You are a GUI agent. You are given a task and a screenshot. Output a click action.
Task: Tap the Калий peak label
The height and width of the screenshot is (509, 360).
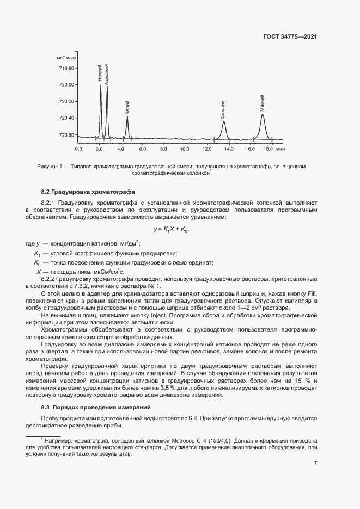pos(127,105)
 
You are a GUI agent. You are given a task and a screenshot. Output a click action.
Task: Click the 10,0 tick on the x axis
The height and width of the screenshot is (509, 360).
pos(185,148)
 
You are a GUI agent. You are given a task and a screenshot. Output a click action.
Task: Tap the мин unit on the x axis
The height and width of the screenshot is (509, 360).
pos(280,148)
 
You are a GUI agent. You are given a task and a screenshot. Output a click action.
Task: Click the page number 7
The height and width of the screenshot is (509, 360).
pos(316,463)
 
